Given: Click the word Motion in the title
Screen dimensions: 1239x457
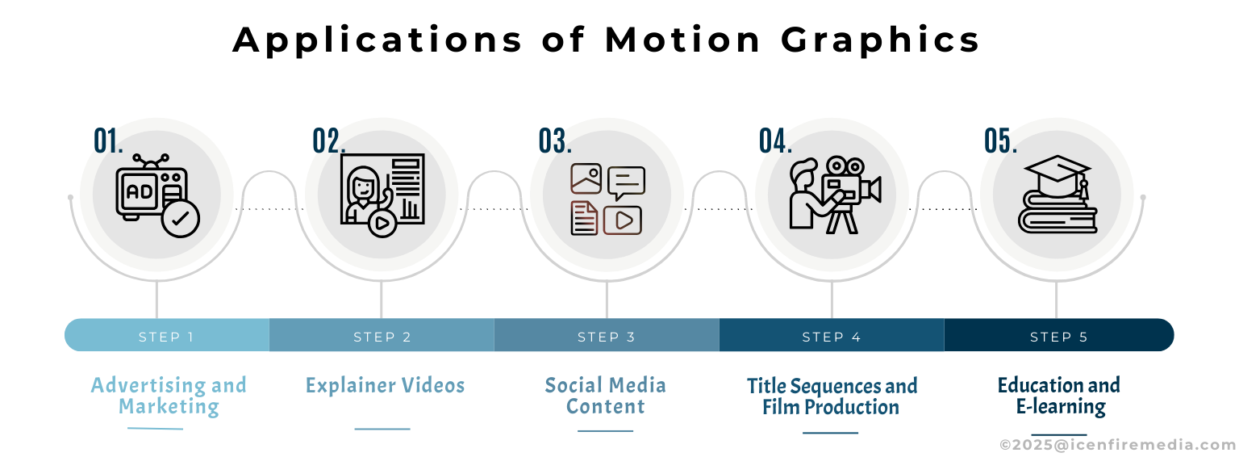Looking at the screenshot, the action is [x=683, y=40].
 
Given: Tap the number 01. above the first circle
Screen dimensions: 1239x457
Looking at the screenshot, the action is [x=108, y=140].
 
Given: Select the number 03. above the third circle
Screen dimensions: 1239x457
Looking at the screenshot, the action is [x=555, y=140].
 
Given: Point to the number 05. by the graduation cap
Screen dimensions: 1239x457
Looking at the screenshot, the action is [x=1000, y=140].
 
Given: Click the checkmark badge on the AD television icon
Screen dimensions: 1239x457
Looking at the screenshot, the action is [x=181, y=219].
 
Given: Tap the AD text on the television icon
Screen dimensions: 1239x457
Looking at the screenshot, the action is [x=139, y=191].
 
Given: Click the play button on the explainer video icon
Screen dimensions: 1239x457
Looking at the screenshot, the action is [x=382, y=223].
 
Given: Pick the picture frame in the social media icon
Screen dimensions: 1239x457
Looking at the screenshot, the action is [x=586, y=178].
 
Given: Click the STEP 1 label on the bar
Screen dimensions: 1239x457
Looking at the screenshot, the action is [x=166, y=337].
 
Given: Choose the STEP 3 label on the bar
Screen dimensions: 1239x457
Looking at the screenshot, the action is [x=607, y=337].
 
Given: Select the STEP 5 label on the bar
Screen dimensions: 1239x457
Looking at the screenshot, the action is [x=1058, y=337].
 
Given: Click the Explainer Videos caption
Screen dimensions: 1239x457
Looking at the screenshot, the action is [x=385, y=385].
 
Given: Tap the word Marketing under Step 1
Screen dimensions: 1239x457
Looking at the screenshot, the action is [x=169, y=407].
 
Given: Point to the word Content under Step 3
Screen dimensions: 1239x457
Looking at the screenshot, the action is [x=605, y=407].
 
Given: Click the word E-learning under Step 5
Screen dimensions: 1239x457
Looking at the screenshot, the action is [x=1061, y=407].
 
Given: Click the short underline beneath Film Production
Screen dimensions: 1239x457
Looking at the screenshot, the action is [x=830, y=433].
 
